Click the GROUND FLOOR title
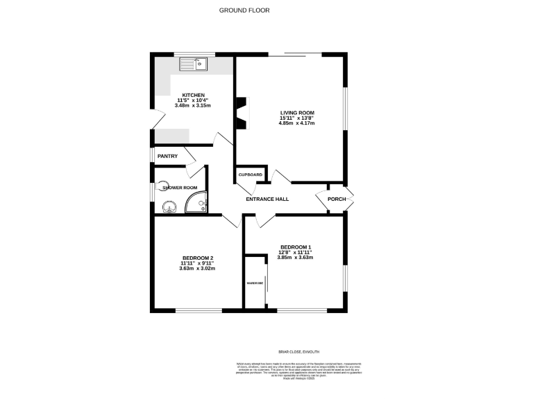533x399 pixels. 244,10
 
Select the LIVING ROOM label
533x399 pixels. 297,112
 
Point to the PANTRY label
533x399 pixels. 167,156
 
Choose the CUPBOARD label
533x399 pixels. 251,175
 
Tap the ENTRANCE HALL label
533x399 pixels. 267,199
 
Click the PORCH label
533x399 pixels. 337,199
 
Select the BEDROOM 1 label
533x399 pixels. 296,247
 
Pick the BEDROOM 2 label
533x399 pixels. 197,258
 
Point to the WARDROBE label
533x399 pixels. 254,283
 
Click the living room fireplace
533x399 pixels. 242,113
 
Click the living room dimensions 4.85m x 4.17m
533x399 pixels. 297,123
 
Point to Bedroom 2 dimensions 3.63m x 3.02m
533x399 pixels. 197,269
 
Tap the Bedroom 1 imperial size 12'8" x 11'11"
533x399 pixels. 296,252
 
